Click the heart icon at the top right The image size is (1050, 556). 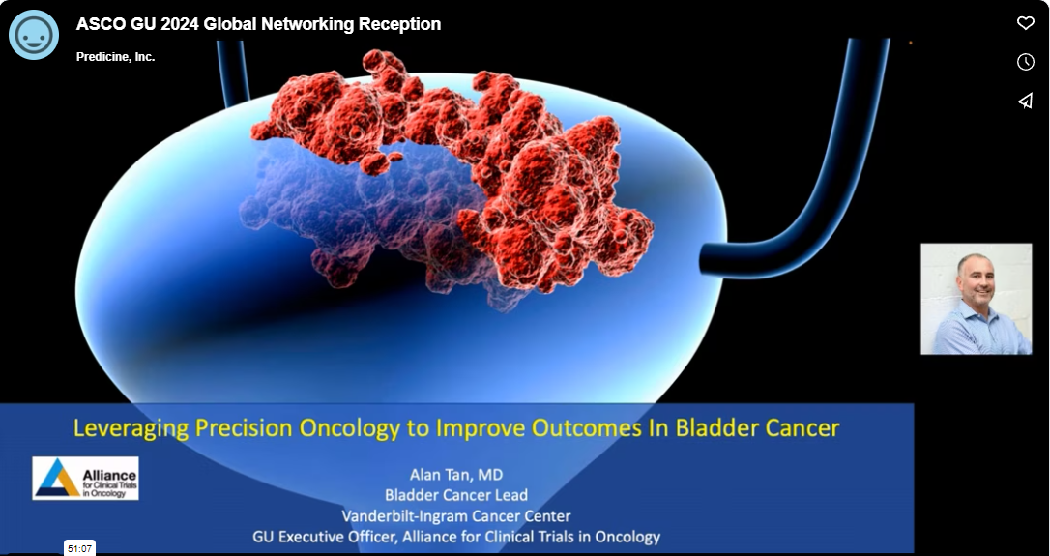click(1025, 23)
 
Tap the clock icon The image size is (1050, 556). click(1025, 62)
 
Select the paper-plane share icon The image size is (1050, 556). click(1025, 101)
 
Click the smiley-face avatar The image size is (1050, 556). click(34, 35)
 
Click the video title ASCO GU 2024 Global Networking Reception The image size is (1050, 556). click(258, 24)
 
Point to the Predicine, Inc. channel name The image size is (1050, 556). click(115, 57)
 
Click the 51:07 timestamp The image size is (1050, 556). click(79, 548)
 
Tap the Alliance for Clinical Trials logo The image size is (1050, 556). click(86, 479)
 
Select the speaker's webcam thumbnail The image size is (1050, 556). click(976, 299)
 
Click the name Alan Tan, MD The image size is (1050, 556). click(456, 475)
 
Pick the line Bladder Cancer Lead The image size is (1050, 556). click(456, 495)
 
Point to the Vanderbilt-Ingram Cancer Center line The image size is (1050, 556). click(456, 515)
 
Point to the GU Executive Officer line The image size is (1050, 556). click(456, 537)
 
